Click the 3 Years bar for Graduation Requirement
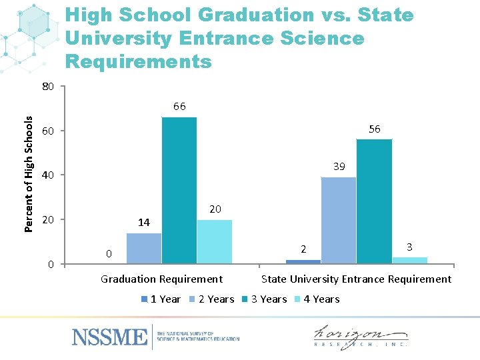(x=179, y=190)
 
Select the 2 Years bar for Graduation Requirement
(x=144, y=248)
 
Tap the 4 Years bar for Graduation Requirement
(x=215, y=241)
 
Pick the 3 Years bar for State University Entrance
(x=374, y=201)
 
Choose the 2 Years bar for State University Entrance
(x=339, y=220)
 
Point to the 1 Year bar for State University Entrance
(x=303, y=261)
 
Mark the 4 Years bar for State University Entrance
(x=409, y=260)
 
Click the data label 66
(x=179, y=106)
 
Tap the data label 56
(x=375, y=129)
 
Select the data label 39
(x=339, y=167)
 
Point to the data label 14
(x=143, y=223)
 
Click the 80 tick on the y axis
(x=47, y=87)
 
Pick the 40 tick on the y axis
(x=47, y=175)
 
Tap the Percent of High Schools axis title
(x=29, y=174)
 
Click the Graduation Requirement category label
(x=161, y=279)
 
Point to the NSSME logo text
(x=110, y=337)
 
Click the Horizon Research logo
(x=361, y=336)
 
